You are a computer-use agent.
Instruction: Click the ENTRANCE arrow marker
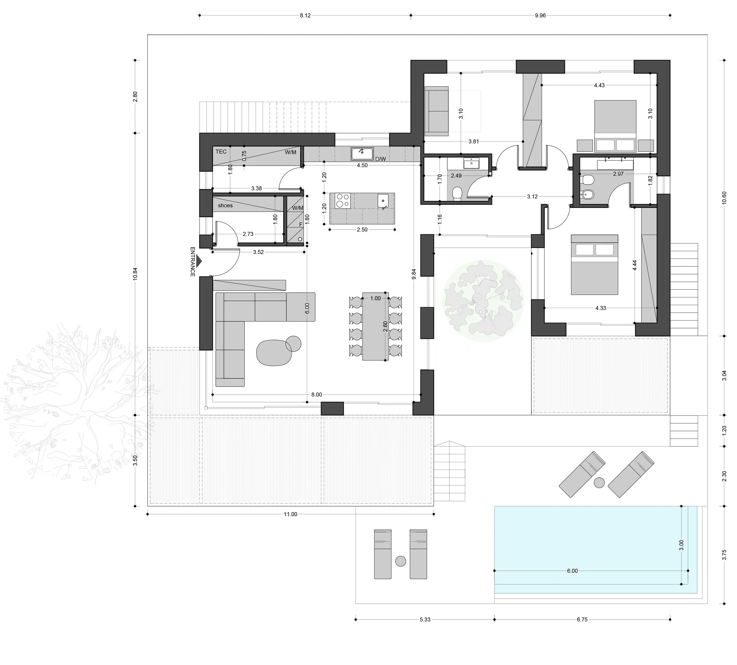[199, 260]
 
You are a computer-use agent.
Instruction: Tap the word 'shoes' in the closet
[225, 205]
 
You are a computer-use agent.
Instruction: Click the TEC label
[221, 152]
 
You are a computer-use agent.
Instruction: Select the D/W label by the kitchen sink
[380, 159]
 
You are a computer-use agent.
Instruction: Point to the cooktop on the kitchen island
[342, 201]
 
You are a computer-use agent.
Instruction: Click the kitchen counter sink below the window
[362, 154]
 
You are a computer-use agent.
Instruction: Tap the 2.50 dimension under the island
[362, 229]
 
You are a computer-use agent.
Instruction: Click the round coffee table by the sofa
[293, 343]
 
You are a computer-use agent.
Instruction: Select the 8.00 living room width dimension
[316, 395]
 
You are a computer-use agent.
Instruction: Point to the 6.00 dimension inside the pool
[572, 571]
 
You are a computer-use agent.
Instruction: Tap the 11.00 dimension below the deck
[290, 514]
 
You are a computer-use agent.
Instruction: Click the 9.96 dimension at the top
[540, 15]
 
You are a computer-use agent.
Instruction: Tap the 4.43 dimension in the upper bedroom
[599, 85]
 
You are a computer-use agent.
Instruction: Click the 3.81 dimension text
[473, 141]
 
